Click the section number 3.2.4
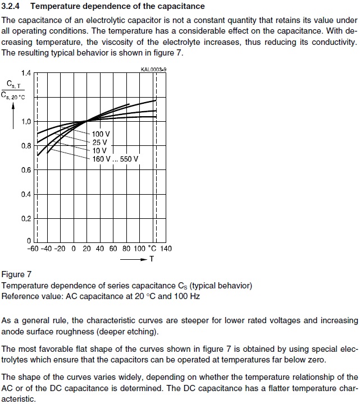12,6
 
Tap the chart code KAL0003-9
154,70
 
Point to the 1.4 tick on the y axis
26,74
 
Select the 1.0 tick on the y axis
26,122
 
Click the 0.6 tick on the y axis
26,170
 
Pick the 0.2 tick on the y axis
26,219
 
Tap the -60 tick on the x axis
33,249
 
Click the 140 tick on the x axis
166,249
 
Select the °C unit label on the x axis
152,249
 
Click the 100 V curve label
101,135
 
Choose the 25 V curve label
99,143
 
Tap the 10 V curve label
99,150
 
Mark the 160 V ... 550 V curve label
115,159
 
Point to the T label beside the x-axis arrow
151,259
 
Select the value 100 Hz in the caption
186,296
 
